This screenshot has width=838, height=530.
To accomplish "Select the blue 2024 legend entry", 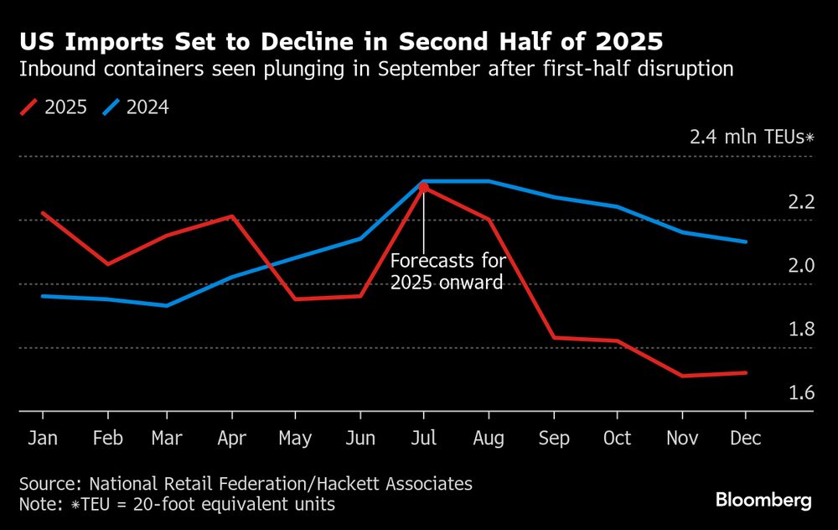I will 136,107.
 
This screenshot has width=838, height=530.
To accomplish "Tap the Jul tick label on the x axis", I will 424,439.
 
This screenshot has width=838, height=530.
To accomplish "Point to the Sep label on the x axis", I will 554,439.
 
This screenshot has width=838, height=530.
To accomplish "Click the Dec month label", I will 745,439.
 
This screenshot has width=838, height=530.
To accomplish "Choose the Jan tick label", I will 42,439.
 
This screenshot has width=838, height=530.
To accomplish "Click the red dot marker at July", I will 424,187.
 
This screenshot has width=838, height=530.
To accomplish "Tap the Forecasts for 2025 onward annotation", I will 448,271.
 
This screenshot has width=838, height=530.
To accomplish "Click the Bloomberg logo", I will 763,501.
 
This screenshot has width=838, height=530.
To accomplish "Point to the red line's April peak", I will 232,216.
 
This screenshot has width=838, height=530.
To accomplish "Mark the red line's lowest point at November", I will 681,376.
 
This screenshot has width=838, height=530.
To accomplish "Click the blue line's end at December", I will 745,242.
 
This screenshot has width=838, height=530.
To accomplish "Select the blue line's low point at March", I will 167,305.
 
